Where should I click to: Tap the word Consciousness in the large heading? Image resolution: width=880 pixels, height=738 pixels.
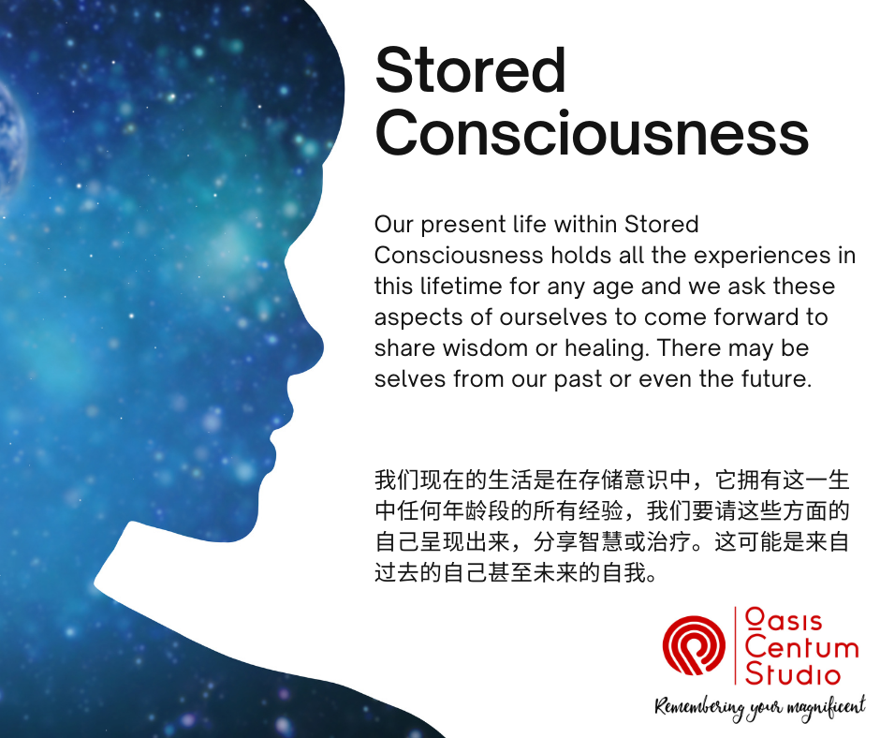coord(592,133)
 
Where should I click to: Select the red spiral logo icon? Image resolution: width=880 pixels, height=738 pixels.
coord(694,645)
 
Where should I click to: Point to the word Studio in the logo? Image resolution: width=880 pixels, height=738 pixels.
coord(792,672)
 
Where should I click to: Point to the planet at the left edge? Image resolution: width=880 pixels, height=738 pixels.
coord(12,141)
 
